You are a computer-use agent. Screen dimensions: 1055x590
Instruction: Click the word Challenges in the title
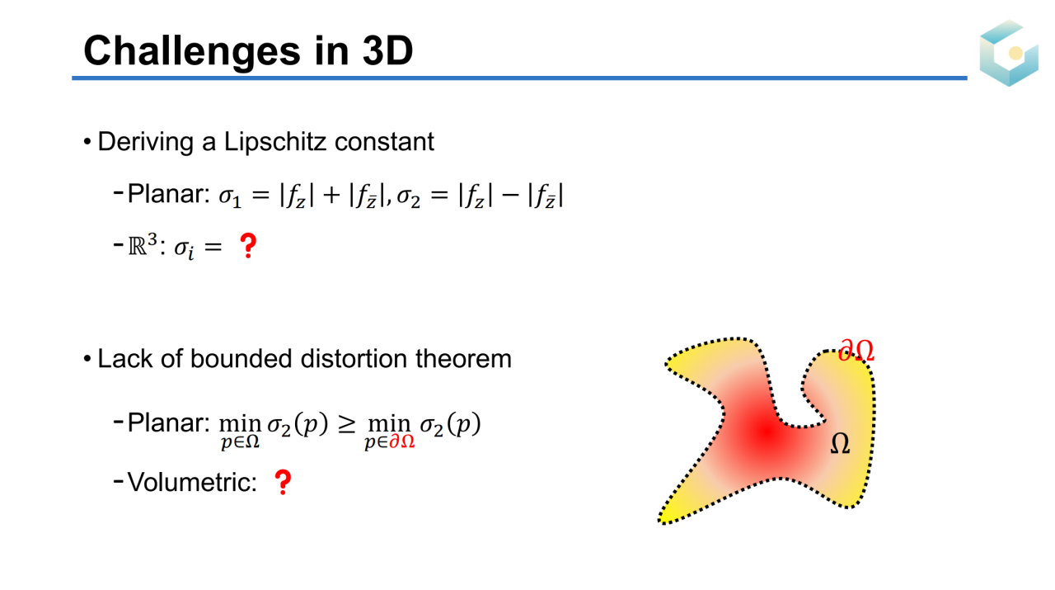[192, 52]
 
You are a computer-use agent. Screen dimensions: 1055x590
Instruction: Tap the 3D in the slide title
[387, 50]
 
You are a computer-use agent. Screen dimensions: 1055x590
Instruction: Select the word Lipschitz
[274, 141]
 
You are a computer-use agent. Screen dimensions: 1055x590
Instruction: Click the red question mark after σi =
[248, 246]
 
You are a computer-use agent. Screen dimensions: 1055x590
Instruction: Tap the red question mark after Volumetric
[283, 482]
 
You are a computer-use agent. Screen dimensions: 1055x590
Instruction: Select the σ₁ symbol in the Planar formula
[230, 196]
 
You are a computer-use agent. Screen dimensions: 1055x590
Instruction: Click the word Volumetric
[192, 482]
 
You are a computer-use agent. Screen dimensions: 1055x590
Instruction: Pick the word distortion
[354, 358]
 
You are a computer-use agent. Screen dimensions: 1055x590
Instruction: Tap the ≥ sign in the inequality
[347, 424]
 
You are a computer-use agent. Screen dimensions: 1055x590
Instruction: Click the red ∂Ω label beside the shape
[856, 351]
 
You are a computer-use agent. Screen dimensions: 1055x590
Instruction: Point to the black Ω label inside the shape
[840, 443]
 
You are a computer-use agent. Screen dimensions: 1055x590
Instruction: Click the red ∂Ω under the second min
[401, 441]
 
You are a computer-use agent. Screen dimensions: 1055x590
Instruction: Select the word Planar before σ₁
[168, 194]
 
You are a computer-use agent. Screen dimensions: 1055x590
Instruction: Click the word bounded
[241, 358]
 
